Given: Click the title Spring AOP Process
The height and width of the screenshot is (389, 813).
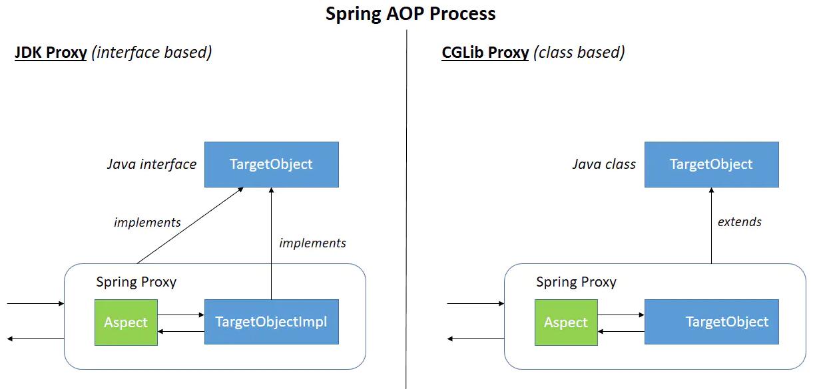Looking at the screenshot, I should coord(410,13).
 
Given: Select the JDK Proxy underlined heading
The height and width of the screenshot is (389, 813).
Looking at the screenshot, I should coord(51,53).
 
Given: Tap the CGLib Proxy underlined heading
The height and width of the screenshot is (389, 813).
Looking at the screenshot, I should coord(485,53).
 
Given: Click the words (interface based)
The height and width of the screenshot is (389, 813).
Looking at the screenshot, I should coord(154,53).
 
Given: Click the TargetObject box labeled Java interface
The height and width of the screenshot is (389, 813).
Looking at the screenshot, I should coord(271,164).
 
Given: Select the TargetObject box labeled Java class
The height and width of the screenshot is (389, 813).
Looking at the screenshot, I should coord(711,164).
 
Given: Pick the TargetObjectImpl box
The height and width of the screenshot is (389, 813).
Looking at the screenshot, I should coord(271,322).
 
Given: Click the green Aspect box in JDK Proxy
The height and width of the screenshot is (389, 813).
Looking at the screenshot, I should coord(126,323).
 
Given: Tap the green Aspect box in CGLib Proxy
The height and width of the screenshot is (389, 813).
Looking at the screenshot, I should coord(566,323).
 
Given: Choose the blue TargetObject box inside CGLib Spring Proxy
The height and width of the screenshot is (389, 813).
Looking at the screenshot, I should coord(711,322).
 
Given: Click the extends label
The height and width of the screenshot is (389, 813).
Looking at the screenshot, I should coord(739,222).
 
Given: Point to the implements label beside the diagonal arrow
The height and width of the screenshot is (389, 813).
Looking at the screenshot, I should coord(147,222).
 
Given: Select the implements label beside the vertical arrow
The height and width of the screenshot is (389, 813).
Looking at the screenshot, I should coord(312,243).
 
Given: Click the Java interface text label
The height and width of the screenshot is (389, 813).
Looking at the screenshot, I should coord(152,164).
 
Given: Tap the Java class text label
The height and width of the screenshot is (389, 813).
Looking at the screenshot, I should coord(604,164).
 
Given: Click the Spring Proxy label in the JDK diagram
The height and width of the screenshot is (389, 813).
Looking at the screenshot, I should coord(136,282).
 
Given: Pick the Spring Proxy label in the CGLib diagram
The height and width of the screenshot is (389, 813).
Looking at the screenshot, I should coord(576,282).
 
